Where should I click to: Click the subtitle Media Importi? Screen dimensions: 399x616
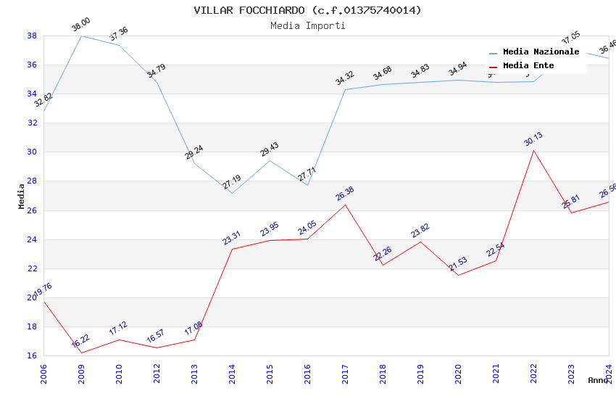[307, 25]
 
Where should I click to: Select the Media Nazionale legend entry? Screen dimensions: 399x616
[541, 52]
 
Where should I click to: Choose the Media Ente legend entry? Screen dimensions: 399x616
[528, 66]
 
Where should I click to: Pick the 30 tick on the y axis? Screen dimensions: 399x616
[33, 152]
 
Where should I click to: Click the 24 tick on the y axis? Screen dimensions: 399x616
[33, 239]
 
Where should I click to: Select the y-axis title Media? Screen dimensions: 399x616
[22, 196]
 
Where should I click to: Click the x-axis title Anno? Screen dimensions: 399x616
[598, 380]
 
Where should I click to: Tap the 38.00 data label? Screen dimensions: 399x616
[80, 26]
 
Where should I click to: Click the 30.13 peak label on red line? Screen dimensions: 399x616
[533, 139]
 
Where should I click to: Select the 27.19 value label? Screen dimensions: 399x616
[232, 182]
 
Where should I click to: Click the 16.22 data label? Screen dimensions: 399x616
[80, 341]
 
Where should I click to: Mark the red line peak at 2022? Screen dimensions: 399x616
[533, 150]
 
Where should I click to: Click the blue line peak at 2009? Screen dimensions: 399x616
[81, 36]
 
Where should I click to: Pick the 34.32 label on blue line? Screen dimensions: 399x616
[345, 78]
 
